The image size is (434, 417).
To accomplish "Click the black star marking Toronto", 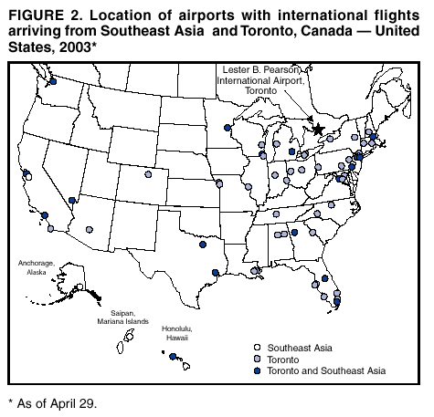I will pos(318,130).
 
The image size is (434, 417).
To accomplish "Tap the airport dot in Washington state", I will pos(52,82).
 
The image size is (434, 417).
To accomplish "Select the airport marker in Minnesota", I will pos(227,129).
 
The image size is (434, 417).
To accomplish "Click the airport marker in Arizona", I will pos(90,231).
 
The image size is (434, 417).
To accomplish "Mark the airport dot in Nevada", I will pos(72,200).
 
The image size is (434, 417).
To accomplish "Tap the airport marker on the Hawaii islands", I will pos(173,357).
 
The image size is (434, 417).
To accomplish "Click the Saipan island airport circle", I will pos(129,338).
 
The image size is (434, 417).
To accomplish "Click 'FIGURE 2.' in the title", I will pos(45,16).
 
